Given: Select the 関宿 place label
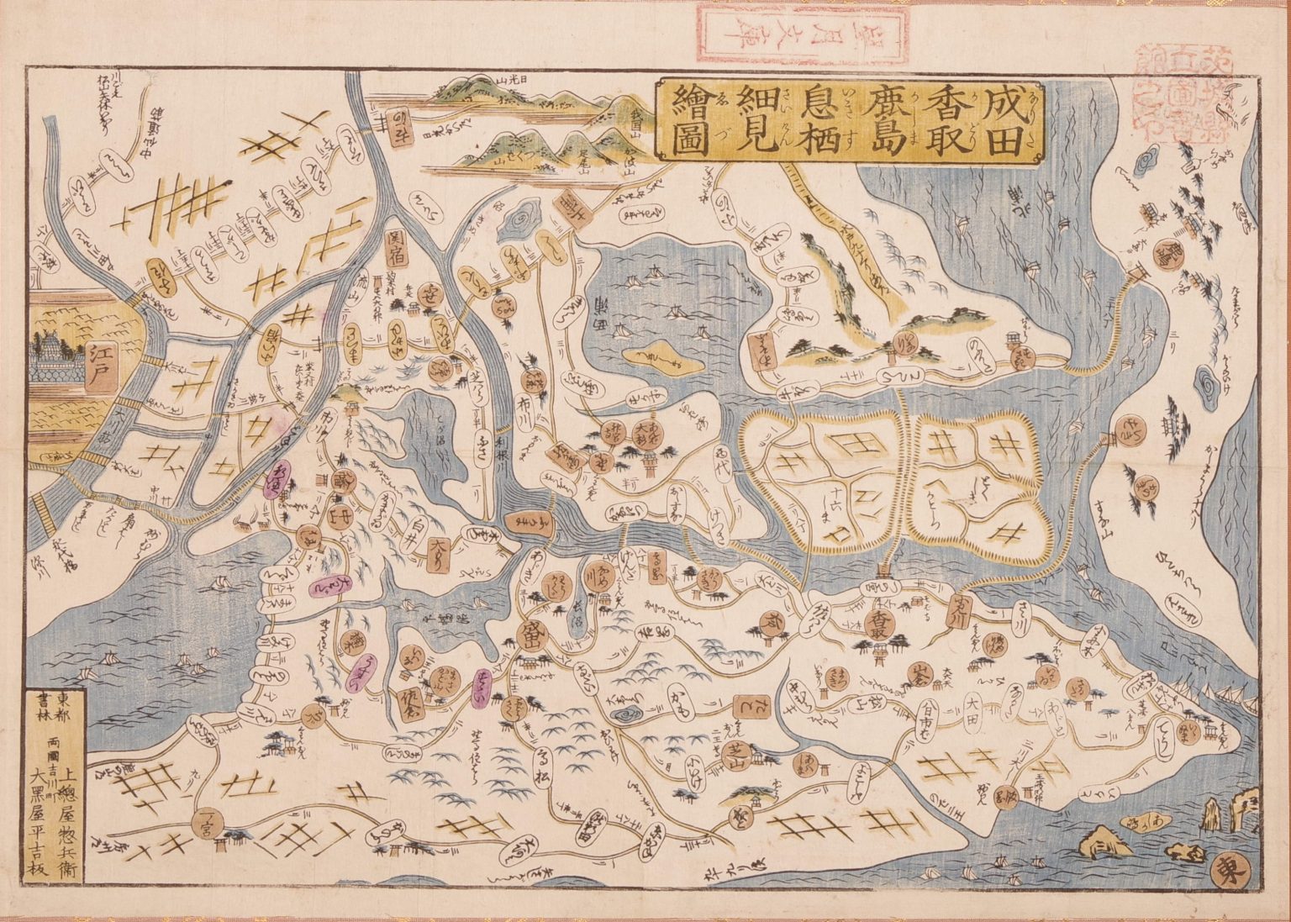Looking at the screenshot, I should pyautogui.click(x=398, y=249).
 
